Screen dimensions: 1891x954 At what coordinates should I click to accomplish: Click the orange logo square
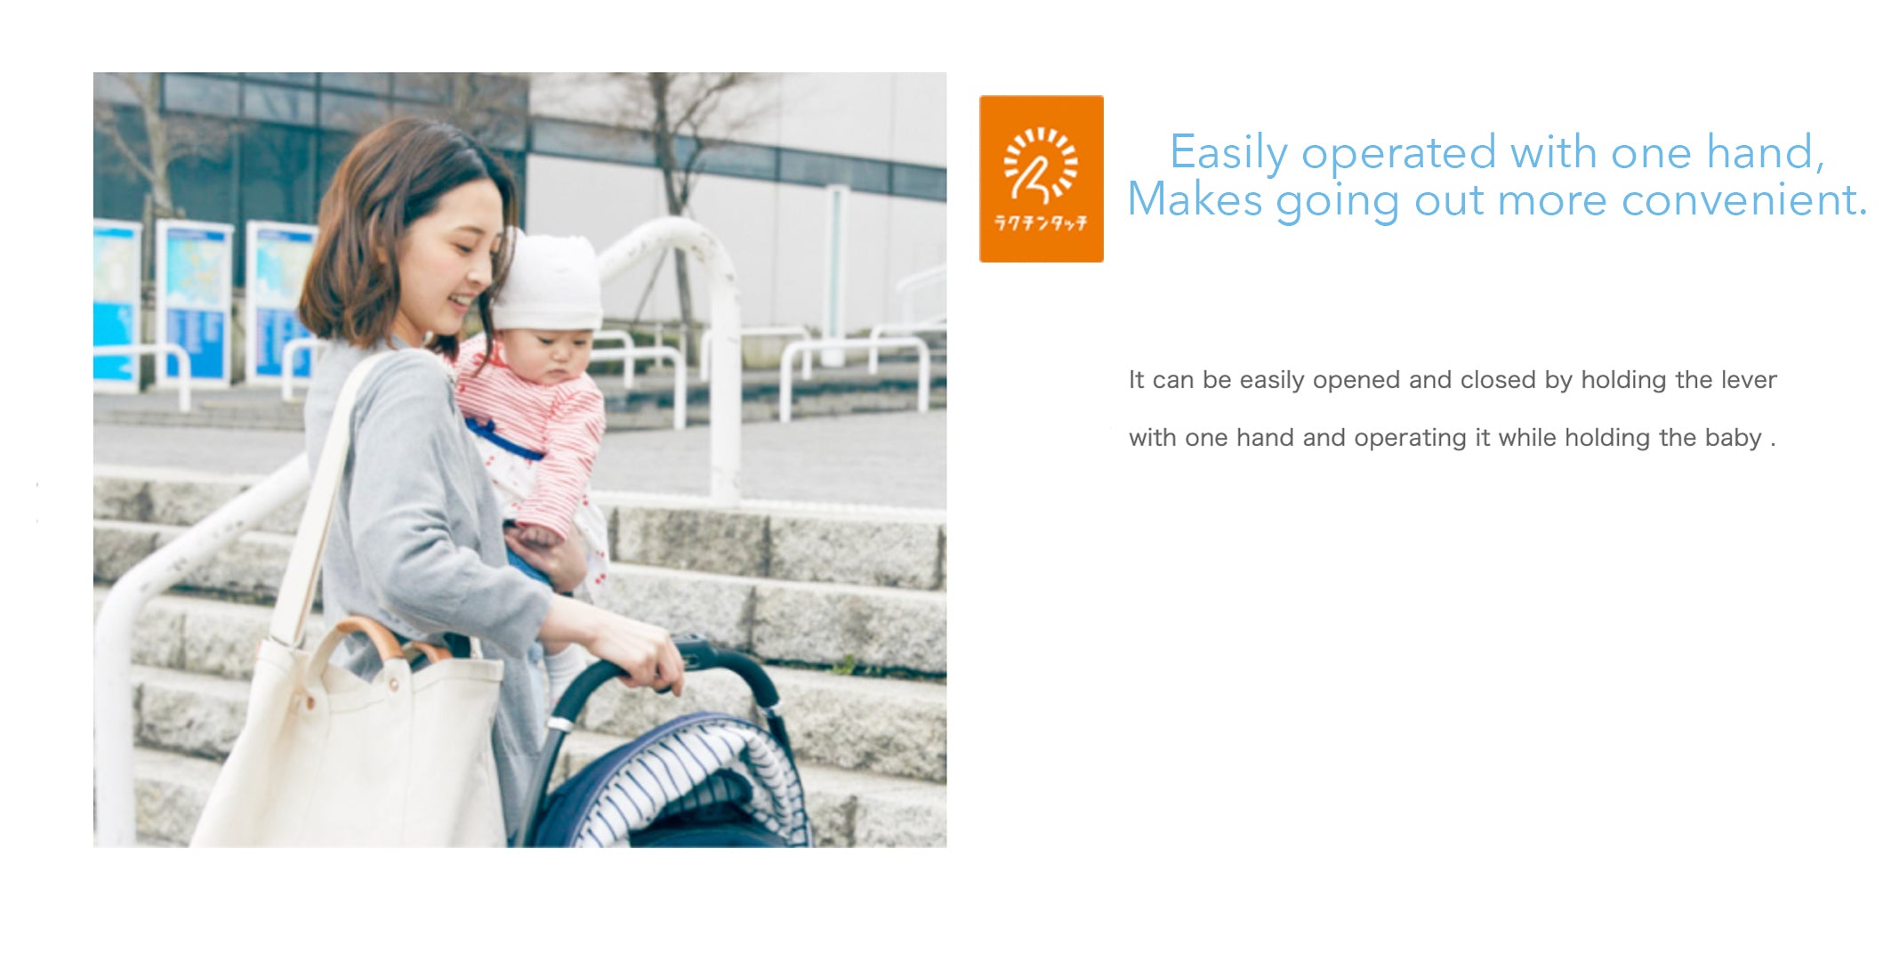[1041, 179]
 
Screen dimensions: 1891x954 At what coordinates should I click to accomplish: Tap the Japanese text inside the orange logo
[1041, 222]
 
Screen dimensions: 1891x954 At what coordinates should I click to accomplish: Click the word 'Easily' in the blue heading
[1227, 153]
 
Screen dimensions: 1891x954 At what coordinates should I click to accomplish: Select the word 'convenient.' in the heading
[1744, 199]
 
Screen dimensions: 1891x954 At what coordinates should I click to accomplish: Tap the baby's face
[556, 356]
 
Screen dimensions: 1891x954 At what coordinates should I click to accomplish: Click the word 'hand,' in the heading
[1766, 152]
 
